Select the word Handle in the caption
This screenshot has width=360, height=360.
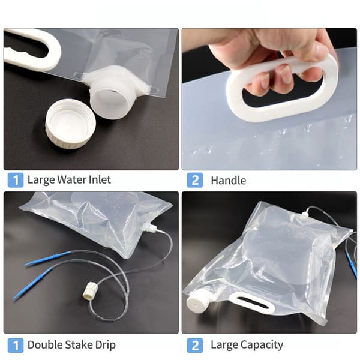pyautogui.click(x=228, y=181)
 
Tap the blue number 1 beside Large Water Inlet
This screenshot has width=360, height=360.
pyautogui.click(x=16, y=180)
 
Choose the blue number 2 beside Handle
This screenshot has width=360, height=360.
pyautogui.click(x=194, y=180)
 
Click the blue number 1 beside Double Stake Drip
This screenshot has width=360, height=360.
pyautogui.click(x=16, y=346)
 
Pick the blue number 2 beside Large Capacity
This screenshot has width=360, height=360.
pyautogui.click(x=194, y=346)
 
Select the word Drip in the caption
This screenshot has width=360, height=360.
pyautogui.click(x=106, y=346)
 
